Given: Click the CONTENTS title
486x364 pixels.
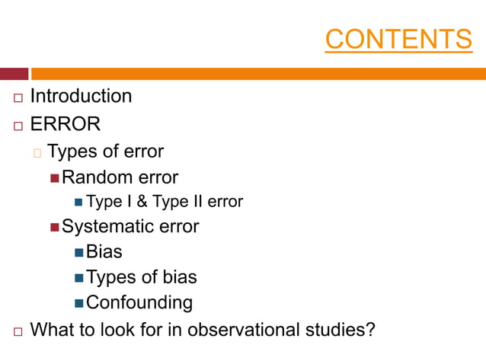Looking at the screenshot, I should point(398,39).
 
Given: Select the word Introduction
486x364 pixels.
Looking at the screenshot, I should point(81,96).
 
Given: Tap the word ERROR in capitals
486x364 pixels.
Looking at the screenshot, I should point(66,123).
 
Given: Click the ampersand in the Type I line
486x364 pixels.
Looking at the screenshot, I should point(142,202).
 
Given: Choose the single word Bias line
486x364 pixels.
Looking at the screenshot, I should point(104,251).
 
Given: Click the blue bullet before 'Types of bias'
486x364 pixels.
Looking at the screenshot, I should point(79,278).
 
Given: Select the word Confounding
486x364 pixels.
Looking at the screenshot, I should point(139,302).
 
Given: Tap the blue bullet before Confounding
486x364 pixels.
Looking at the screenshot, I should point(79,303).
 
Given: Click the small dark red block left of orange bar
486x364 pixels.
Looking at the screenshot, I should point(14,74).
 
